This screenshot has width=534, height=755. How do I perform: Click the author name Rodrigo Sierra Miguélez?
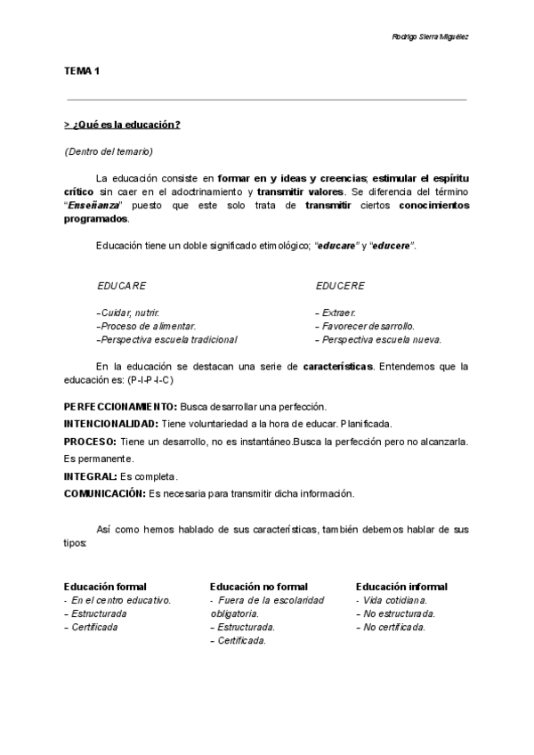coord(431,37)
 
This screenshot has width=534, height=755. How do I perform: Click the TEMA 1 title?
coord(82,69)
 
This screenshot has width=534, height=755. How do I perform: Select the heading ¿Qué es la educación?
coord(123,125)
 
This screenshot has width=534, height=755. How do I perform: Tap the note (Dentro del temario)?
coord(109,150)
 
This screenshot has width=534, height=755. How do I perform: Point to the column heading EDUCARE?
coord(122,286)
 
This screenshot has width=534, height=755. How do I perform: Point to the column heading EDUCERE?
coord(340,286)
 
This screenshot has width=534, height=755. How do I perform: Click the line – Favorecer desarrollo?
coord(365,326)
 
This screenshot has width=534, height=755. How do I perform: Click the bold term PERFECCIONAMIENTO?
coord(120,406)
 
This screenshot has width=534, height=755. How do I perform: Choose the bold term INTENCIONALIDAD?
coord(111,424)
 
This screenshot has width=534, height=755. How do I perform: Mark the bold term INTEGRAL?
coord(91,476)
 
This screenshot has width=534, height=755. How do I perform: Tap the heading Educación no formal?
coord(259,587)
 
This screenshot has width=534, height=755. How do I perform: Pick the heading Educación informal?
coord(401,587)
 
